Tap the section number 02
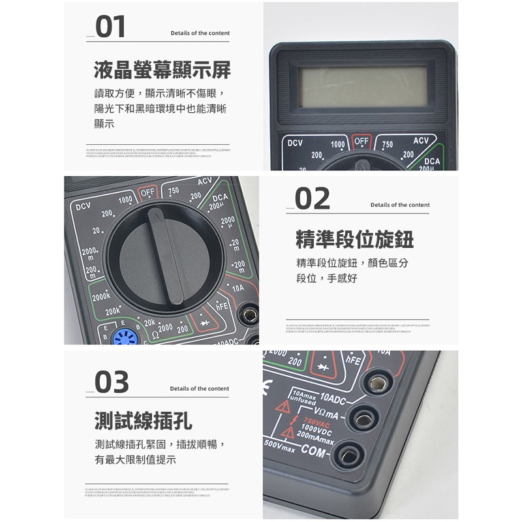tap(313, 199)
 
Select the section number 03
tap(112, 382)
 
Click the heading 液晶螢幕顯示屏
tap(162, 70)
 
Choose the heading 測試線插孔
tap(144, 421)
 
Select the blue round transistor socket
tap(123, 337)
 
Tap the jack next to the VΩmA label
tap(364, 418)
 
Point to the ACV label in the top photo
tap(420, 141)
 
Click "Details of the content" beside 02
tap(400, 205)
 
